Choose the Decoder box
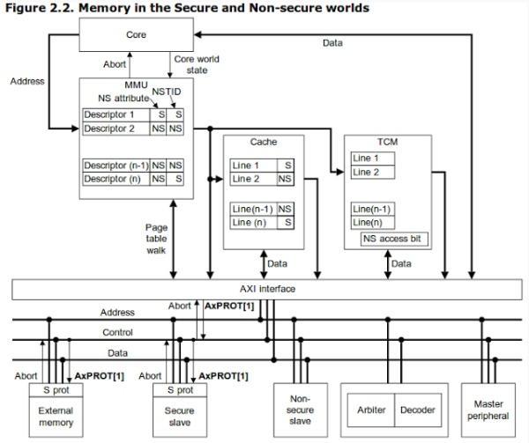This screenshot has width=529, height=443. (x=417, y=410)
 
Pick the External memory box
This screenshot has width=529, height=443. (x=56, y=416)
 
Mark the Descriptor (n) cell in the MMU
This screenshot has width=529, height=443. (x=115, y=179)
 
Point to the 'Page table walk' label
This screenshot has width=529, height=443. (x=157, y=238)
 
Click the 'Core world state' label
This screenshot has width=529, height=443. (x=196, y=63)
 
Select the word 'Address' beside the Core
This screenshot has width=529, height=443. (x=27, y=81)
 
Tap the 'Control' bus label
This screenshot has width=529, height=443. (x=117, y=333)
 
